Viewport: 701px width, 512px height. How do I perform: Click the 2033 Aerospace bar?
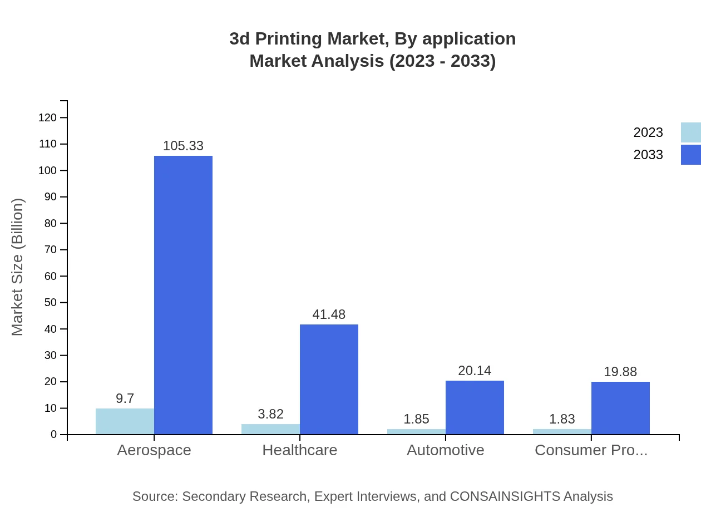[183, 295]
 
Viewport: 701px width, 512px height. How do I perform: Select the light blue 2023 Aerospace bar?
[125, 421]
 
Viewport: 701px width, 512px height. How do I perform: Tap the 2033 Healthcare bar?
[329, 379]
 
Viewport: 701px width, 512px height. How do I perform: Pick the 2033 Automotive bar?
[475, 407]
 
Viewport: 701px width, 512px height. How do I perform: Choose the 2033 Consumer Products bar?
[620, 408]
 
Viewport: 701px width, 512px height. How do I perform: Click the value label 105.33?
[183, 146]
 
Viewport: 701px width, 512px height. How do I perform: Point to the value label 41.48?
[329, 314]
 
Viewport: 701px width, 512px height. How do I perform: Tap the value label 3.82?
[270, 414]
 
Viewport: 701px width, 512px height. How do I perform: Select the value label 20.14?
[475, 371]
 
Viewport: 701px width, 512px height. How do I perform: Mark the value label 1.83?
[562, 419]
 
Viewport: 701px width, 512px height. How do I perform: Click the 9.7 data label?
[125, 398]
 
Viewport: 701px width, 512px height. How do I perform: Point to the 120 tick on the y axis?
[47, 117]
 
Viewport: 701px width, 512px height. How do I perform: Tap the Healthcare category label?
[300, 450]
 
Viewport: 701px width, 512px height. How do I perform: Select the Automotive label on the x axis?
[446, 450]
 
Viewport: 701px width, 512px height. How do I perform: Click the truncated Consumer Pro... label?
[591, 450]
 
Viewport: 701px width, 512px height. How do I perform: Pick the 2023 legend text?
[648, 132]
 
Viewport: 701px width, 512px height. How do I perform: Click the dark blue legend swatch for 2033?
[690, 155]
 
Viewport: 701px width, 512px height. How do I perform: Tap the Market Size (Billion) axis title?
[18, 267]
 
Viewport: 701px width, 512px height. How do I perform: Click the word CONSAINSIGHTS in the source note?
[505, 496]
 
